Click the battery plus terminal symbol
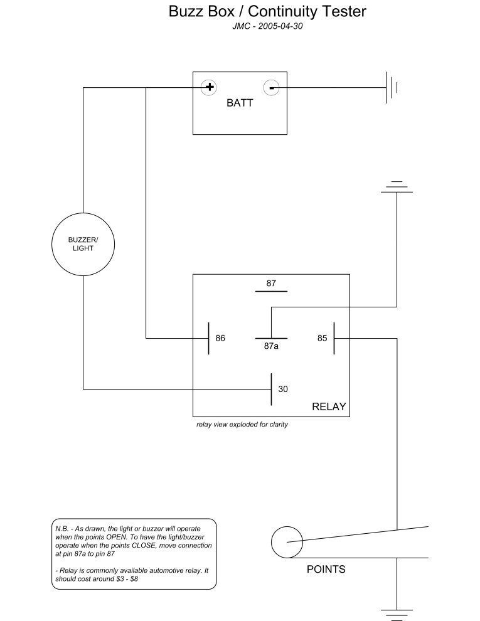(209, 87)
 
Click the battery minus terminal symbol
(271, 88)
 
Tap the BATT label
(240, 103)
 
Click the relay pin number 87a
(271, 346)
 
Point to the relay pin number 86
(220, 338)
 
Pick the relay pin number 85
(323, 338)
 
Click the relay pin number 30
(283, 390)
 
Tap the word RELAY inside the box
(329, 406)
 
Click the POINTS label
(326, 570)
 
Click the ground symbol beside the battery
(392, 88)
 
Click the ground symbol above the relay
(397, 187)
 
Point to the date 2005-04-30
(280, 26)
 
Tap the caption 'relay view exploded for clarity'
(242, 425)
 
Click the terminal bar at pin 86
(209, 339)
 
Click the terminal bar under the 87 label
(271, 292)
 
